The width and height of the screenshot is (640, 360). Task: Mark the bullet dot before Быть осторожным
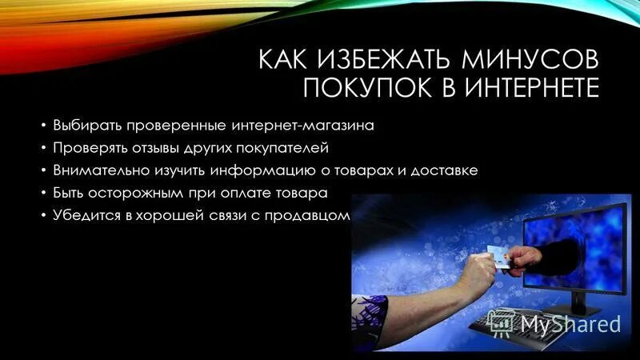[x=43, y=194]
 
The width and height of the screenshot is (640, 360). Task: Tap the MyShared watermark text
[x=570, y=323]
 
